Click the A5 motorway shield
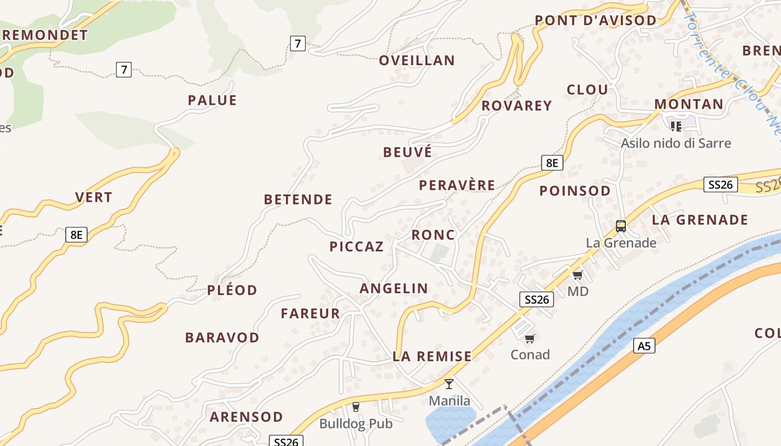644,346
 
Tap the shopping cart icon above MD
577,275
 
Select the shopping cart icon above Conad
530,338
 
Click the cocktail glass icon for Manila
449,384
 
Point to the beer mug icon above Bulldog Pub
356,407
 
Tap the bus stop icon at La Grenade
621,226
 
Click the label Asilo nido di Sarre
676,143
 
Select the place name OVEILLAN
417,60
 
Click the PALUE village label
212,100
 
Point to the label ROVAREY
517,105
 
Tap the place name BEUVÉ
407,152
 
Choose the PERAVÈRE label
457,185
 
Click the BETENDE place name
298,200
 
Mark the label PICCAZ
356,247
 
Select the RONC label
433,235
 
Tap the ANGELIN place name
394,289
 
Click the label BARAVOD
222,338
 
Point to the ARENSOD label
246,417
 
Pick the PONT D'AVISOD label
595,21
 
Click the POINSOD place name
575,191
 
